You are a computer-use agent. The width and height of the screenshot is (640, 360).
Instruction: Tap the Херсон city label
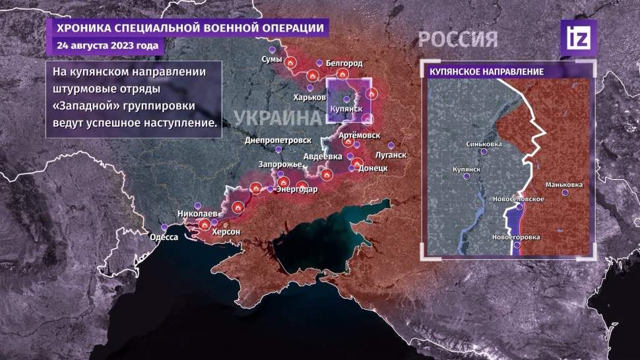(226, 233)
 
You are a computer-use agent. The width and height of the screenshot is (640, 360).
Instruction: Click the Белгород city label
(344, 63)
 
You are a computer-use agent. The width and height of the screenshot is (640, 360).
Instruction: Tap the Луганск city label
(389, 156)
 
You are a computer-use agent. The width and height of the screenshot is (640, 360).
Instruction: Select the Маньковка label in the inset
(564, 185)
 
